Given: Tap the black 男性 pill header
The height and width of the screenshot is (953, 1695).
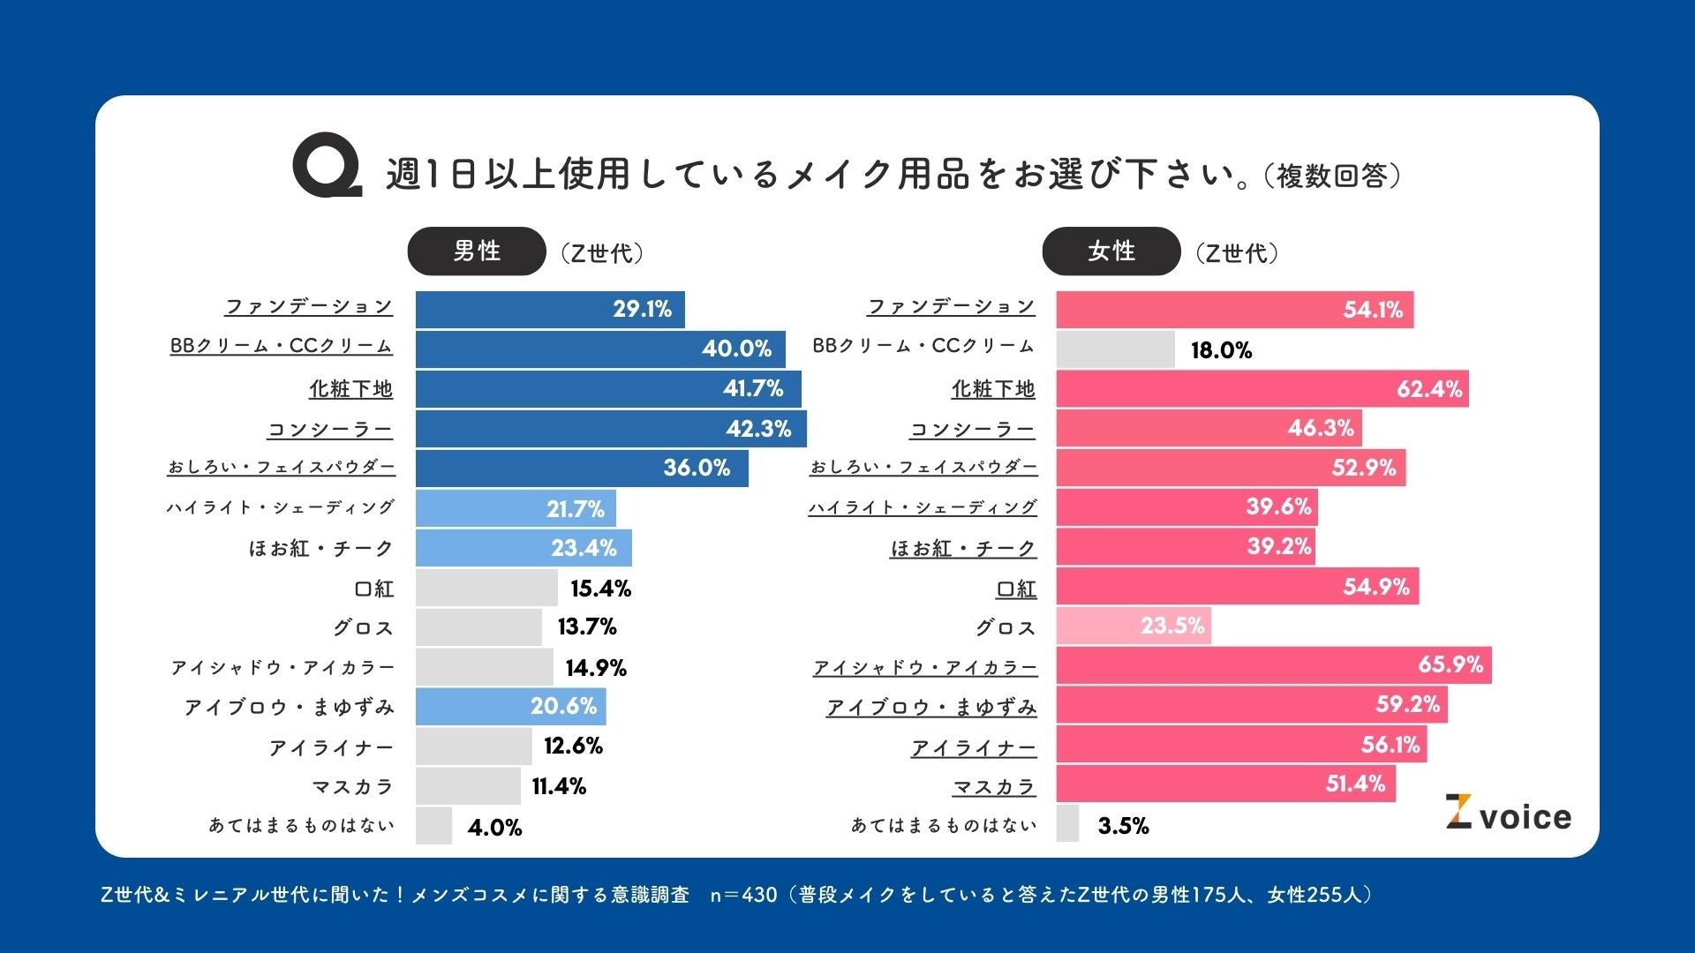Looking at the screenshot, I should pos(477,251).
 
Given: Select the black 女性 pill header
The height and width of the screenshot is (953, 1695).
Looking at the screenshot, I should pos(1111,251).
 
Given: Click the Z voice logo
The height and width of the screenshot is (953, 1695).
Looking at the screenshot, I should pos(1508,814).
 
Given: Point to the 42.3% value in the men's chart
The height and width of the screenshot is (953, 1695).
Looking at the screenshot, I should pos(758,429).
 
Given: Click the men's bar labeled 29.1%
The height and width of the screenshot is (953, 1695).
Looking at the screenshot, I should pos(549,310).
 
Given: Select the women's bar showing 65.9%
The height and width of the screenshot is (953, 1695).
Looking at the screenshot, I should pos(1273,664).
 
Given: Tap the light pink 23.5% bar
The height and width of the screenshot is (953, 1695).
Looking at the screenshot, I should pos(1134,626).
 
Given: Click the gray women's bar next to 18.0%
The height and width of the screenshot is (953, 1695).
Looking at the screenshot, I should pos(1115,349).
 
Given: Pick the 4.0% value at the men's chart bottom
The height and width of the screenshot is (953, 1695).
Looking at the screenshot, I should pos(494,828).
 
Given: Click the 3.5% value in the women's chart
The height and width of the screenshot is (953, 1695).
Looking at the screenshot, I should pos(1123,826).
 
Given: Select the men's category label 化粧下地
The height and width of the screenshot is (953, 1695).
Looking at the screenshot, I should pos(350,389).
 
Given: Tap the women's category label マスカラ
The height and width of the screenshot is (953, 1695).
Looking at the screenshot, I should pos(994,786).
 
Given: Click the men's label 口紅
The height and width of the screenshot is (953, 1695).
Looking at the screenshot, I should pos(373,589).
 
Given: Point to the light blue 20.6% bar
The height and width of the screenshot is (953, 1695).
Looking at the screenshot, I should pos(510,707).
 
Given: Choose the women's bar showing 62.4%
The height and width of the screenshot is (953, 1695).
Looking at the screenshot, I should pos(1262,389).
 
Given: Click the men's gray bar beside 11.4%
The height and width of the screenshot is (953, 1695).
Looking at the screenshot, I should pos(468,786).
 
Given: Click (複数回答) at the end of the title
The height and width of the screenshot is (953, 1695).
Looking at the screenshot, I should pos(1332,176).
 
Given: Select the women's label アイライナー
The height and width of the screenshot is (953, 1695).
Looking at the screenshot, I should pos(974,748).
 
